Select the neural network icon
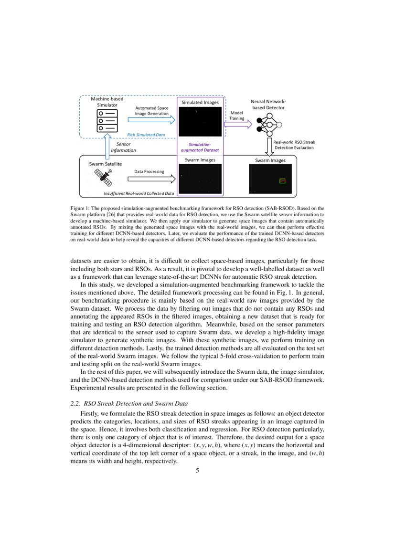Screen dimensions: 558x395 tap(268, 124)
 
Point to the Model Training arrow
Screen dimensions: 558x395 tap(238, 124)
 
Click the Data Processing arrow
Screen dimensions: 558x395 tap(152, 179)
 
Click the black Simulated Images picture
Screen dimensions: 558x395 tap(199, 122)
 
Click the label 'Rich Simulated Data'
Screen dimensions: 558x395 tap(146, 135)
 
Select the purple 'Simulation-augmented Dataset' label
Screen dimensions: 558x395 tap(199, 147)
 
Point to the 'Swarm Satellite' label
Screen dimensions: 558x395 tap(105, 164)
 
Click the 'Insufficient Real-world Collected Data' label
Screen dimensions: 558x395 tap(139, 193)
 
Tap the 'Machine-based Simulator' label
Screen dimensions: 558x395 tap(104, 102)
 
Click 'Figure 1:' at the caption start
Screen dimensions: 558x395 tap(81, 208)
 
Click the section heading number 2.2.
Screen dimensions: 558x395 tap(75, 403)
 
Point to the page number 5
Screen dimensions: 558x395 tap(197, 471)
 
